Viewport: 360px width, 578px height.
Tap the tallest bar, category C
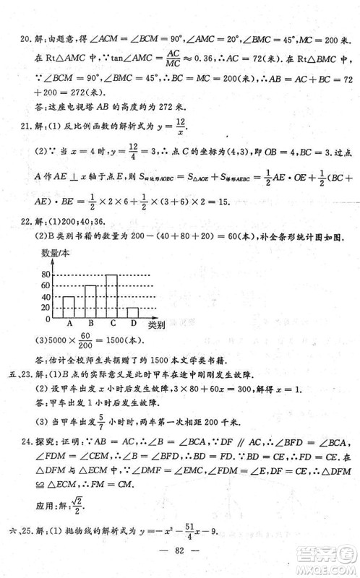click(x=111, y=296)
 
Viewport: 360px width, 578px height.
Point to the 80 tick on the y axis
click(x=46, y=275)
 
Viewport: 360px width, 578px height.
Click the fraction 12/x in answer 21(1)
click(x=181, y=126)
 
